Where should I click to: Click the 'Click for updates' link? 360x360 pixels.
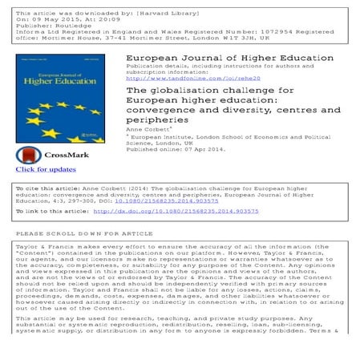[x=46, y=169]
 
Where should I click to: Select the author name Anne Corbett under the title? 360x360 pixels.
[x=151, y=126]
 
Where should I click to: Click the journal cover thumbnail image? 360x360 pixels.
[x=59, y=95]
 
